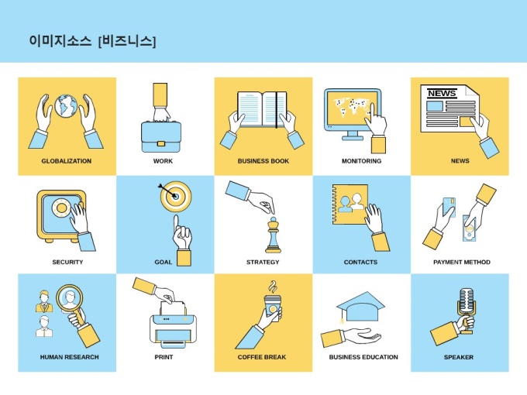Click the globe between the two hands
66,106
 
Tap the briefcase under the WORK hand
161,136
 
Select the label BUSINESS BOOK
263,161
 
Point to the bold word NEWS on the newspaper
442,93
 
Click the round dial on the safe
61,208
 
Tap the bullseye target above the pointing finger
176,196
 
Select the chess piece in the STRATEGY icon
274,235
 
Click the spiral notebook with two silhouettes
350,204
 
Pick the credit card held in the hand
449,208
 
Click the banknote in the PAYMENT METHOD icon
470,228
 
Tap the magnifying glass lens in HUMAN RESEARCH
70,298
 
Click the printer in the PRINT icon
174,330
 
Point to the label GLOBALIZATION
66,161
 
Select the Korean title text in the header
92,41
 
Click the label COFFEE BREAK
262,357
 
